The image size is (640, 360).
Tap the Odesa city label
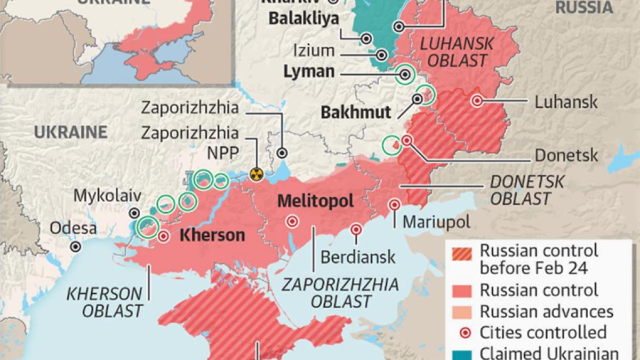click(x=74, y=229)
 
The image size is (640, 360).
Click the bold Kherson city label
click(x=212, y=235)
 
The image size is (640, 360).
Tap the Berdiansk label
click(x=358, y=257)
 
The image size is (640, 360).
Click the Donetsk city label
click(x=566, y=156)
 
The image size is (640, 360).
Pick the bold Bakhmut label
click(x=356, y=113)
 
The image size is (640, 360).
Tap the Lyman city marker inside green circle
click(x=405, y=75)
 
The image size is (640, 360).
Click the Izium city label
click(x=314, y=51)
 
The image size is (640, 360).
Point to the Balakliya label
click(x=303, y=20)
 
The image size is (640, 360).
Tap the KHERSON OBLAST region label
click(x=105, y=302)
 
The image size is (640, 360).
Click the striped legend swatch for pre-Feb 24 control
click(x=462, y=259)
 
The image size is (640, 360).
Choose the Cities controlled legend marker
click(x=462, y=332)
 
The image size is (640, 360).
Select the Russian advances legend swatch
click(x=462, y=311)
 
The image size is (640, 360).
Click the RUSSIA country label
click(x=583, y=7)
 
